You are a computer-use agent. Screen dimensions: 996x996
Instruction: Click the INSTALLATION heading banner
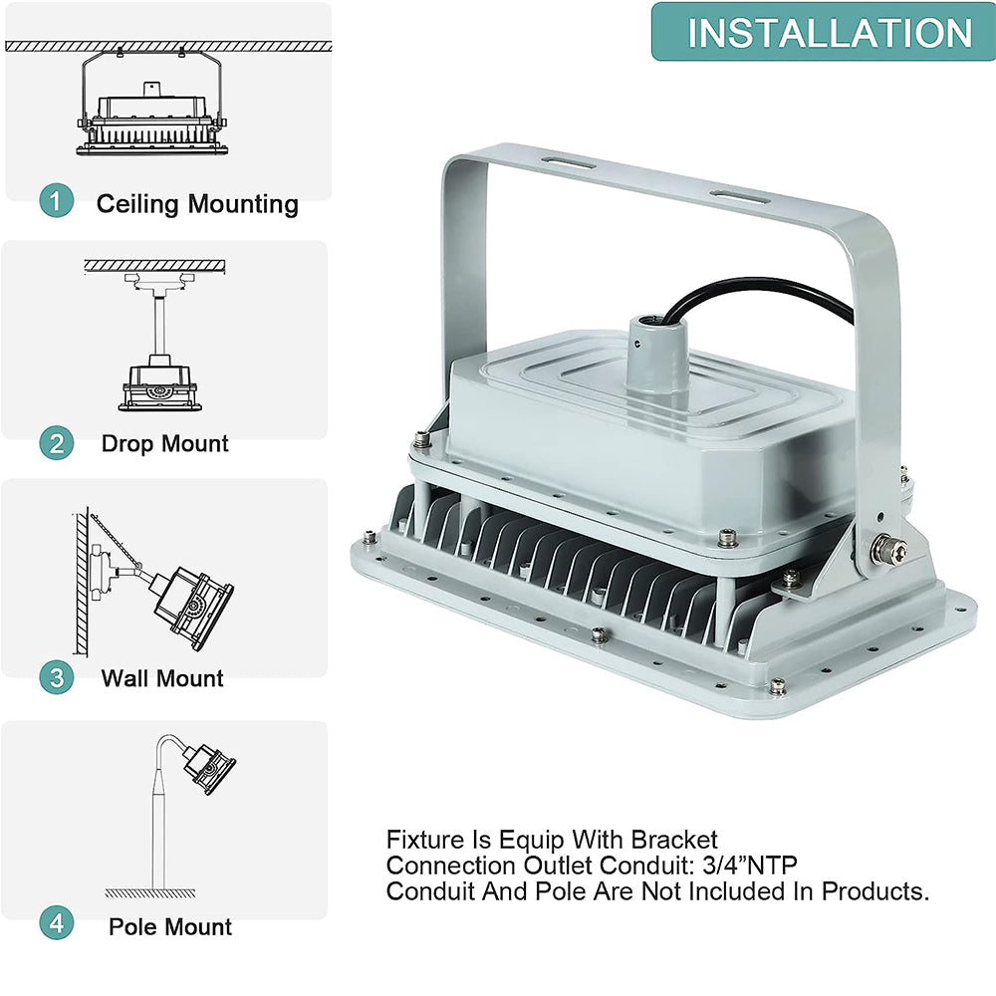(x=824, y=32)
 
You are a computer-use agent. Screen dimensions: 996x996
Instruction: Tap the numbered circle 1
(x=57, y=201)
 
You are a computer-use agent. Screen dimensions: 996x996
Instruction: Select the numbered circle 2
(x=57, y=443)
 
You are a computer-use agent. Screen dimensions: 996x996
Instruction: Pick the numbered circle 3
(x=57, y=677)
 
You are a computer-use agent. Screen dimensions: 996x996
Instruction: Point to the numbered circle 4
(x=57, y=923)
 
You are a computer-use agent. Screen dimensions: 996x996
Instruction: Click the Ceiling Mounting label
(x=197, y=204)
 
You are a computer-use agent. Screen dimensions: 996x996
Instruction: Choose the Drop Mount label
(x=164, y=443)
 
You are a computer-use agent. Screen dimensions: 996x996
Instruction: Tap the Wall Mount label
(x=162, y=678)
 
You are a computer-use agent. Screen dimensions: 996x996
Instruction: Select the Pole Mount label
(x=170, y=926)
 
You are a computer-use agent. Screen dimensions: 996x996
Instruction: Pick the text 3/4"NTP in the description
(x=750, y=866)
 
